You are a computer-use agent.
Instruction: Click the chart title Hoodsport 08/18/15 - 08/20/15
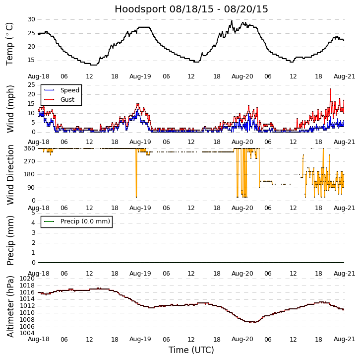191,9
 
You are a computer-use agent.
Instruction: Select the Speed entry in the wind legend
69,90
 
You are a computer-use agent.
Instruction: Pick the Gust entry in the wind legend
67,100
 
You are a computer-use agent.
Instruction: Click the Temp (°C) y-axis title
10,44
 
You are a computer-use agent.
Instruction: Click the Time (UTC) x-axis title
191,350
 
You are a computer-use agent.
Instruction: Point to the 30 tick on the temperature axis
31,19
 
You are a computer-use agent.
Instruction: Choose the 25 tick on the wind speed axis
31,85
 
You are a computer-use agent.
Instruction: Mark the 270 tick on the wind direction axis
29,161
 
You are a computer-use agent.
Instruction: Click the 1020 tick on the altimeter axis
27,279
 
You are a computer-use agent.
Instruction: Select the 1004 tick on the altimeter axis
27,333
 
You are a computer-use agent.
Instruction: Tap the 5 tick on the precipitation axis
33,213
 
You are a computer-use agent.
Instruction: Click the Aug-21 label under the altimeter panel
344,339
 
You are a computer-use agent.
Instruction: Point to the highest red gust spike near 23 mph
330,89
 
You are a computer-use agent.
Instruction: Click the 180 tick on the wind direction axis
29,174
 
